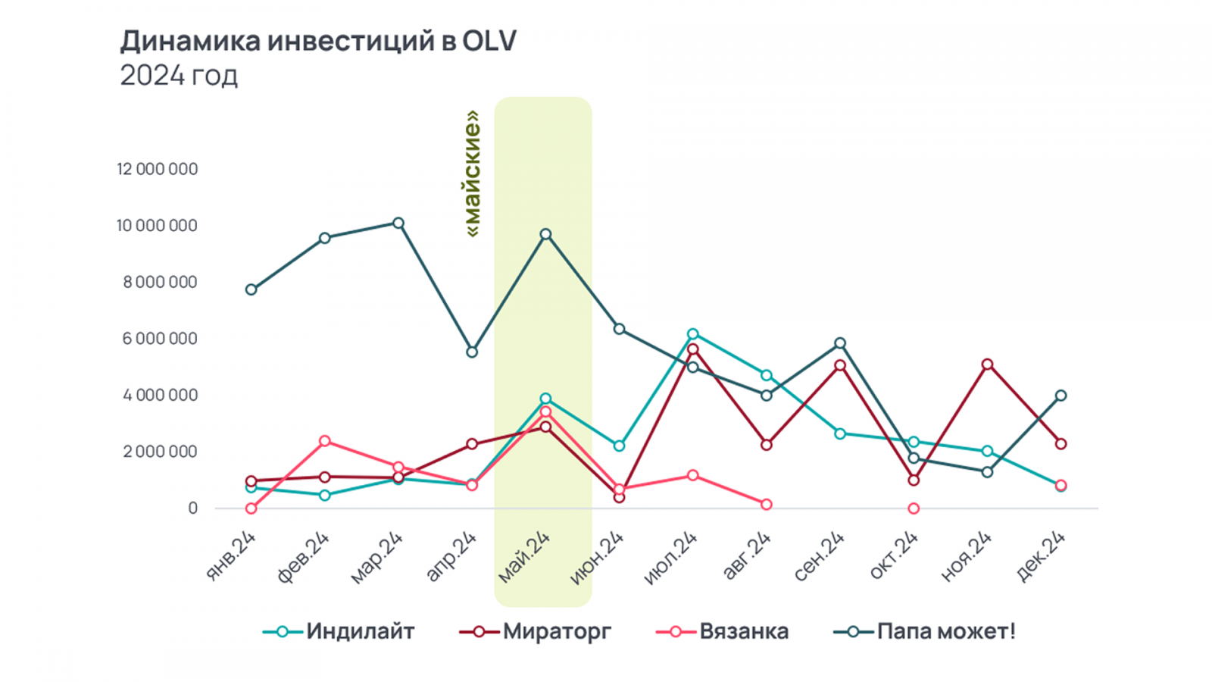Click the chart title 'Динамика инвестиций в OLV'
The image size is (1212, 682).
click(318, 41)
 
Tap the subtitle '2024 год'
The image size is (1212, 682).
click(179, 76)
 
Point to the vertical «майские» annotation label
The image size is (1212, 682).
click(473, 174)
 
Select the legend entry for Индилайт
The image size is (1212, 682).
click(339, 631)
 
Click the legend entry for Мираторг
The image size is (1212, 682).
click(536, 631)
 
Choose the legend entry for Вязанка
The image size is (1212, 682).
click(723, 631)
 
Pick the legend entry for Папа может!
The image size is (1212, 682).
click(925, 631)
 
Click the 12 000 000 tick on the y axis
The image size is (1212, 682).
click(158, 169)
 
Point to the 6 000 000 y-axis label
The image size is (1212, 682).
click(160, 339)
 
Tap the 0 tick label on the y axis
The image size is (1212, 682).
click(193, 508)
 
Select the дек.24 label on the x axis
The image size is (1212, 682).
click(1042, 557)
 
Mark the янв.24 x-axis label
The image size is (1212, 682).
click(232, 557)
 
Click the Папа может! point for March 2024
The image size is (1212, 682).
click(398, 224)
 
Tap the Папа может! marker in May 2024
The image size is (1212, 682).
click(545, 234)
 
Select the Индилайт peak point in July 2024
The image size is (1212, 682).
click(693, 334)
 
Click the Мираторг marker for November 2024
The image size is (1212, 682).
click(987, 364)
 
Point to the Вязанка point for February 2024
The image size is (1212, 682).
click(325, 441)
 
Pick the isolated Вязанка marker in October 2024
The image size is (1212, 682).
click(914, 508)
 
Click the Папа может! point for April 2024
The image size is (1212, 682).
click(472, 352)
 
